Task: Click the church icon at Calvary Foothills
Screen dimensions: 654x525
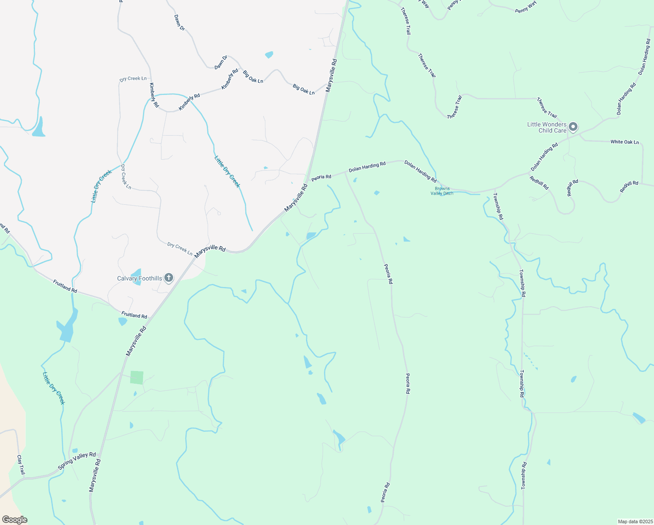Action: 169,278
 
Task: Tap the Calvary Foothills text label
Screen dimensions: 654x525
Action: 139,278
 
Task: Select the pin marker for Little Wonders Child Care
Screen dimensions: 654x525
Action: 574,127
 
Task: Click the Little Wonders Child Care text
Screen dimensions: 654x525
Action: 547,127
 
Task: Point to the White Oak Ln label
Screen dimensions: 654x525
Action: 624,142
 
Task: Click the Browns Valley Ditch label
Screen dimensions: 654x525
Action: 442,191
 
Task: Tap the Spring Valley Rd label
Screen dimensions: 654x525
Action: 77,461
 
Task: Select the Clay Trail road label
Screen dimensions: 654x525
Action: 21,465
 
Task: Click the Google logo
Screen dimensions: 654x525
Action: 14,520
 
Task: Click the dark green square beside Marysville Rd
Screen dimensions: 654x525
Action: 137,378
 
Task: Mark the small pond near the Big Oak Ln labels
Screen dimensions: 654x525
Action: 269,55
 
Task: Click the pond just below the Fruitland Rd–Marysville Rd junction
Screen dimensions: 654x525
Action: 122,321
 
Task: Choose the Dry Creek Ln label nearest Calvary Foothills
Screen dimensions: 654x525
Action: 180,249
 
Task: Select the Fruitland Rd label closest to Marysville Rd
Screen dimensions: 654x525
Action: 134,315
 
